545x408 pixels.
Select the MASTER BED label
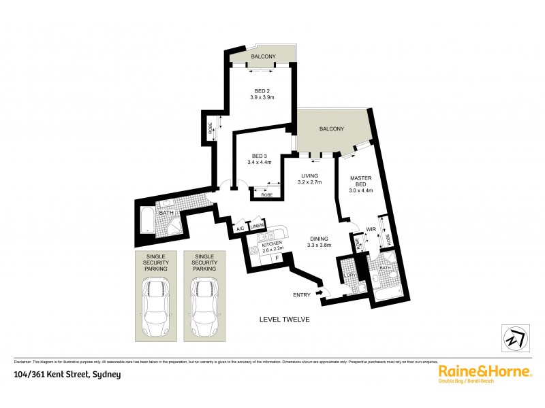click(360, 179)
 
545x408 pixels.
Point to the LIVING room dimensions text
click(310, 183)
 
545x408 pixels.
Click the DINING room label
click(318, 239)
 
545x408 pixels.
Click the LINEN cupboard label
click(257, 226)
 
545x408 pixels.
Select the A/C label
click(240, 229)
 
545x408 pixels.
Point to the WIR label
click(371, 229)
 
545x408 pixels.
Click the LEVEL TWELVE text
click(285, 319)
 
